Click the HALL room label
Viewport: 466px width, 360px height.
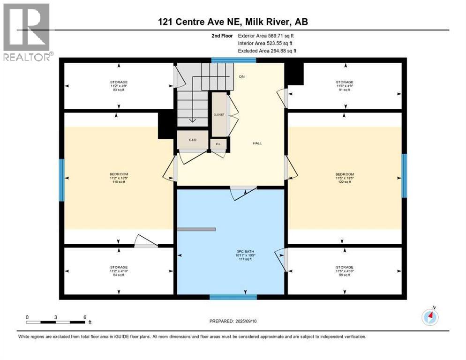[256, 143]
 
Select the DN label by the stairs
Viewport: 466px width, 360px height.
[241, 76]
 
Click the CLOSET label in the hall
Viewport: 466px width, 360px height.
[219, 114]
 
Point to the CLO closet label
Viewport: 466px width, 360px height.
[192, 140]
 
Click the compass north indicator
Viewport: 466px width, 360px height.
[430, 317]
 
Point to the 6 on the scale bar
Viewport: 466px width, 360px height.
[85, 317]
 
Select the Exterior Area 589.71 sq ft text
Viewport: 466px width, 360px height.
[266, 36]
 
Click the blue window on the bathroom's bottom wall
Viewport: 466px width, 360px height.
[233, 297]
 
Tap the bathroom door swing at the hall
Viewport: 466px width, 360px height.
[243, 192]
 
